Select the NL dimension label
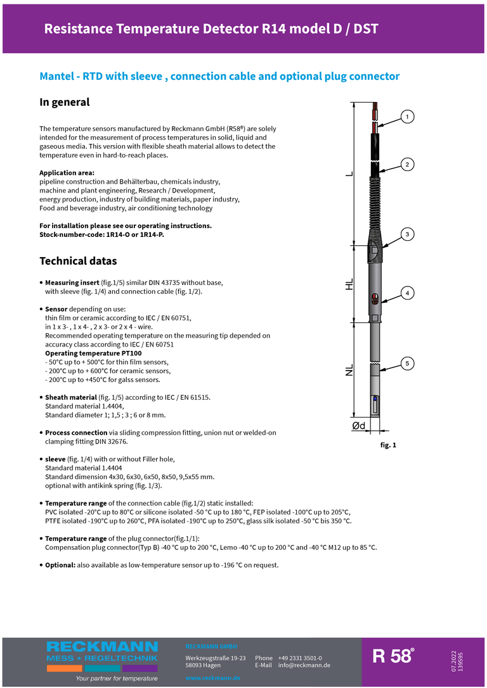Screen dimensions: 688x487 point(349,371)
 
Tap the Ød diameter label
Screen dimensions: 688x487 point(359,426)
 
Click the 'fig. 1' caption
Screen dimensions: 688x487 point(388,445)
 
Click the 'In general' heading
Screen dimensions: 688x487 point(65,102)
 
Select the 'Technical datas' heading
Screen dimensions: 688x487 point(78,261)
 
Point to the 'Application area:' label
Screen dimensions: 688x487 point(67,173)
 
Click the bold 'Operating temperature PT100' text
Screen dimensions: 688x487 point(93,353)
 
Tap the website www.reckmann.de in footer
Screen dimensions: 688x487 point(212,678)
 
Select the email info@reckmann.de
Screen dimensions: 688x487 point(304,665)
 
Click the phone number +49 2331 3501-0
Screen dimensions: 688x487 point(299,658)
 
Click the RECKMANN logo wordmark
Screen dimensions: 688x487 point(102,647)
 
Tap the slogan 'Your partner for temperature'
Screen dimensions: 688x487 point(117,678)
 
